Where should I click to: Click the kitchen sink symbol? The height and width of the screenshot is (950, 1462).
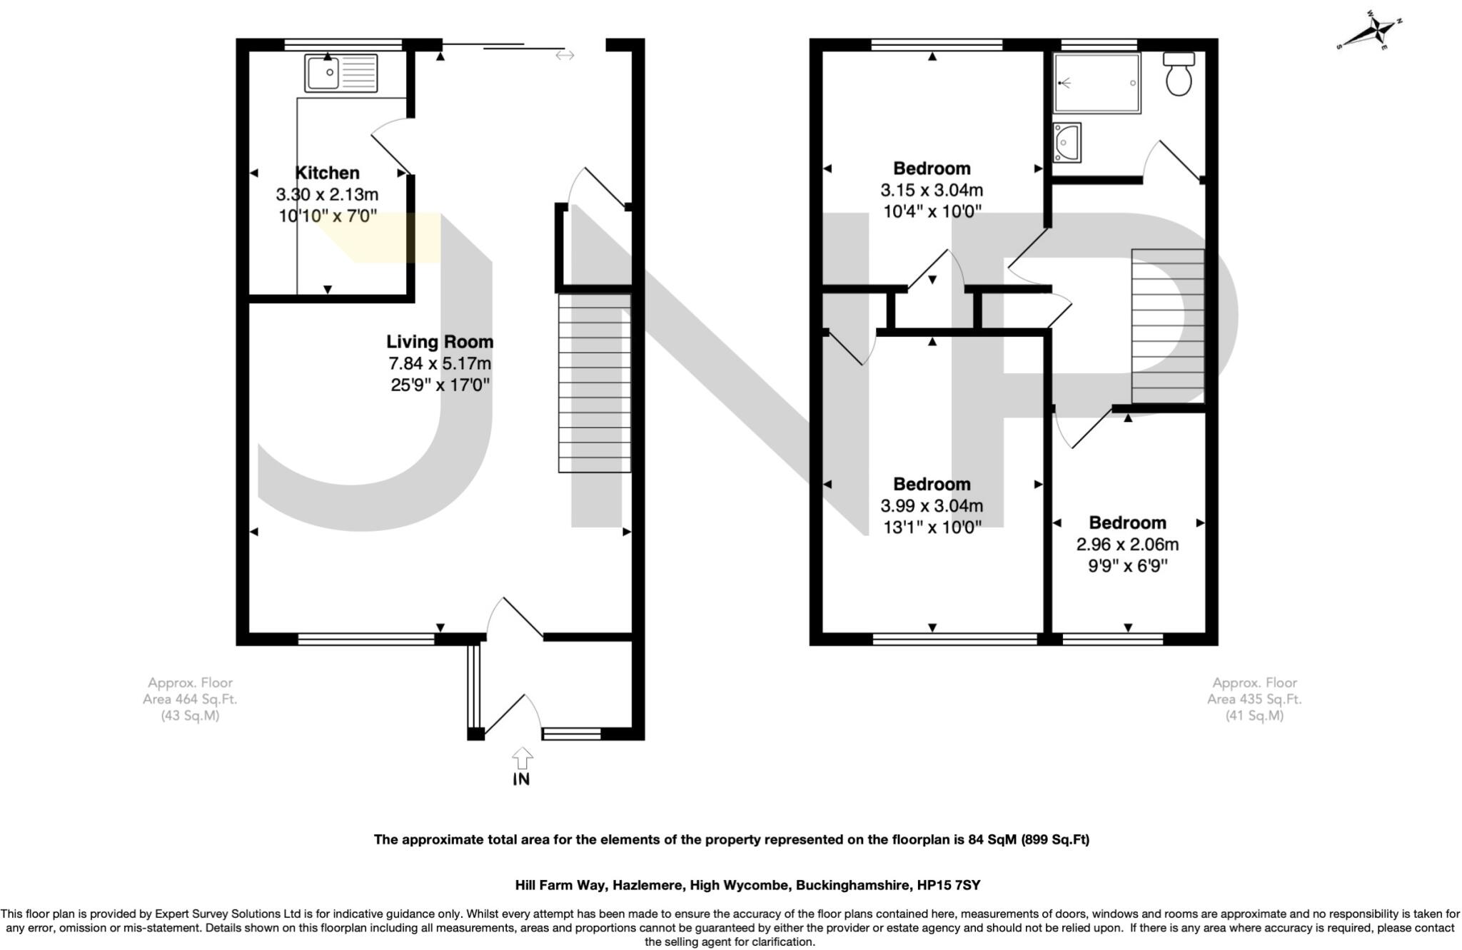pos(341,74)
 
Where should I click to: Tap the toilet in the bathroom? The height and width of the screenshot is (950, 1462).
pos(1179,74)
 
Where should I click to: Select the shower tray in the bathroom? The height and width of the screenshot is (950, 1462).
pos(1097,84)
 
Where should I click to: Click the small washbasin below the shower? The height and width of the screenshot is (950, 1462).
pos(1067,143)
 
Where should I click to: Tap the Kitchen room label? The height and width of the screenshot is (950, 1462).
pos(327,173)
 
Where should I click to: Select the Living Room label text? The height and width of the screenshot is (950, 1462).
pos(440,342)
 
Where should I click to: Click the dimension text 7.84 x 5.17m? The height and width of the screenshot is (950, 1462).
pos(440,364)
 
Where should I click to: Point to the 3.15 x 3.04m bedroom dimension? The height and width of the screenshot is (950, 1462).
pos(932,191)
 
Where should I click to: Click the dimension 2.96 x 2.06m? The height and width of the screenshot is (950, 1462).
pos(1127,545)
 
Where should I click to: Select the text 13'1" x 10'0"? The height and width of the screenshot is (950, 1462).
pos(932,527)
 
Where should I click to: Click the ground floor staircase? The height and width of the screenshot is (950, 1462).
pos(595,383)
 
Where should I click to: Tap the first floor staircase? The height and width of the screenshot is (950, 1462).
pos(1168,326)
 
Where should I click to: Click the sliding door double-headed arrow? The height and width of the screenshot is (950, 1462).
pos(565,55)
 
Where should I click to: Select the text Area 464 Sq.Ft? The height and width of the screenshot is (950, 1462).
pos(190,699)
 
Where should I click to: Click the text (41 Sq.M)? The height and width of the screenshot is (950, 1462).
pos(1254,716)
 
